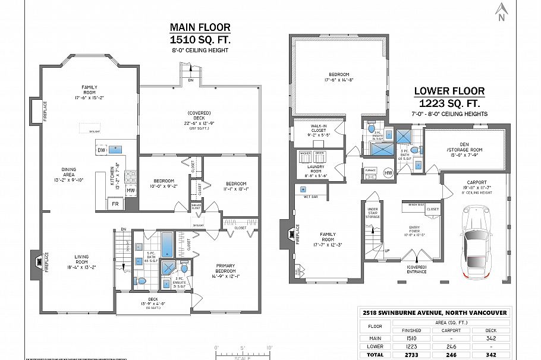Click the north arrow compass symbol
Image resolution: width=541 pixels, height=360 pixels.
tap(501, 11)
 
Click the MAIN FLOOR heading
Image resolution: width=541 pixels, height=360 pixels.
tap(200, 27)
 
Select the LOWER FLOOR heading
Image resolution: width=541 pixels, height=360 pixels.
tap(449, 91)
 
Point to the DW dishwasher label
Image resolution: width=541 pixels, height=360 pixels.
tap(101, 151)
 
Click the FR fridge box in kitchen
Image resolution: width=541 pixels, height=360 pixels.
tap(115, 204)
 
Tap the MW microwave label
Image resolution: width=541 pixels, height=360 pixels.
tap(131, 190)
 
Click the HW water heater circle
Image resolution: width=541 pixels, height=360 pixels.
tap(388, 173)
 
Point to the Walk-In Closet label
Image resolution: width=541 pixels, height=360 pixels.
tap(320, 131)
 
